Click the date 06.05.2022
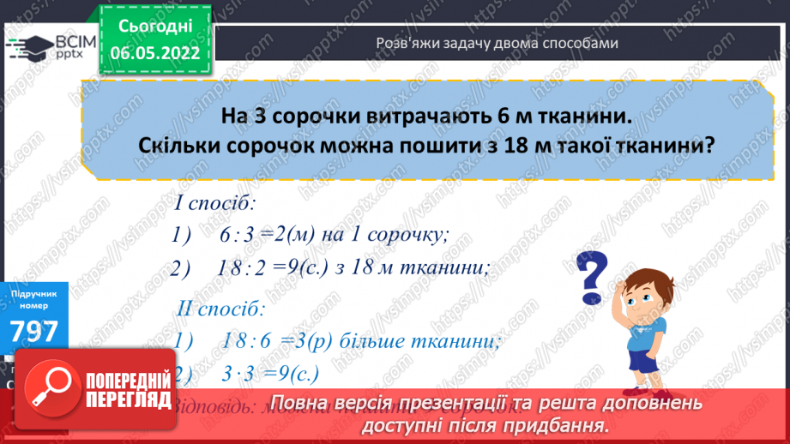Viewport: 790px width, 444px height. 157,51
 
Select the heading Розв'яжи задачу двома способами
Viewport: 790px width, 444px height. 498,43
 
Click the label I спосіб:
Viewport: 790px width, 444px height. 217,205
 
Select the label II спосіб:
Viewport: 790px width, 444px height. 221,306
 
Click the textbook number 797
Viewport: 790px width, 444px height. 33,331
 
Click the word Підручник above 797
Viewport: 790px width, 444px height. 33,294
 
